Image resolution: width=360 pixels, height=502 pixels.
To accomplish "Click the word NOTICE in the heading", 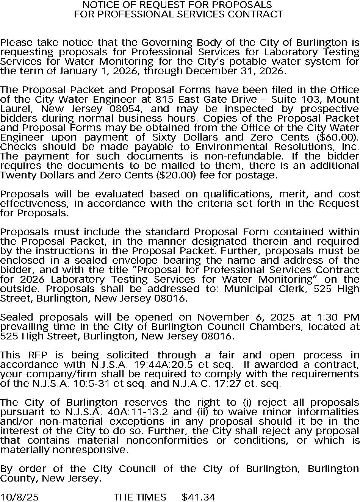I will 98,5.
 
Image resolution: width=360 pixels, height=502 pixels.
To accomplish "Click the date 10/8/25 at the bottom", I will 19,497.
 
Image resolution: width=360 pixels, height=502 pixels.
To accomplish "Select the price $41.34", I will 198,497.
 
